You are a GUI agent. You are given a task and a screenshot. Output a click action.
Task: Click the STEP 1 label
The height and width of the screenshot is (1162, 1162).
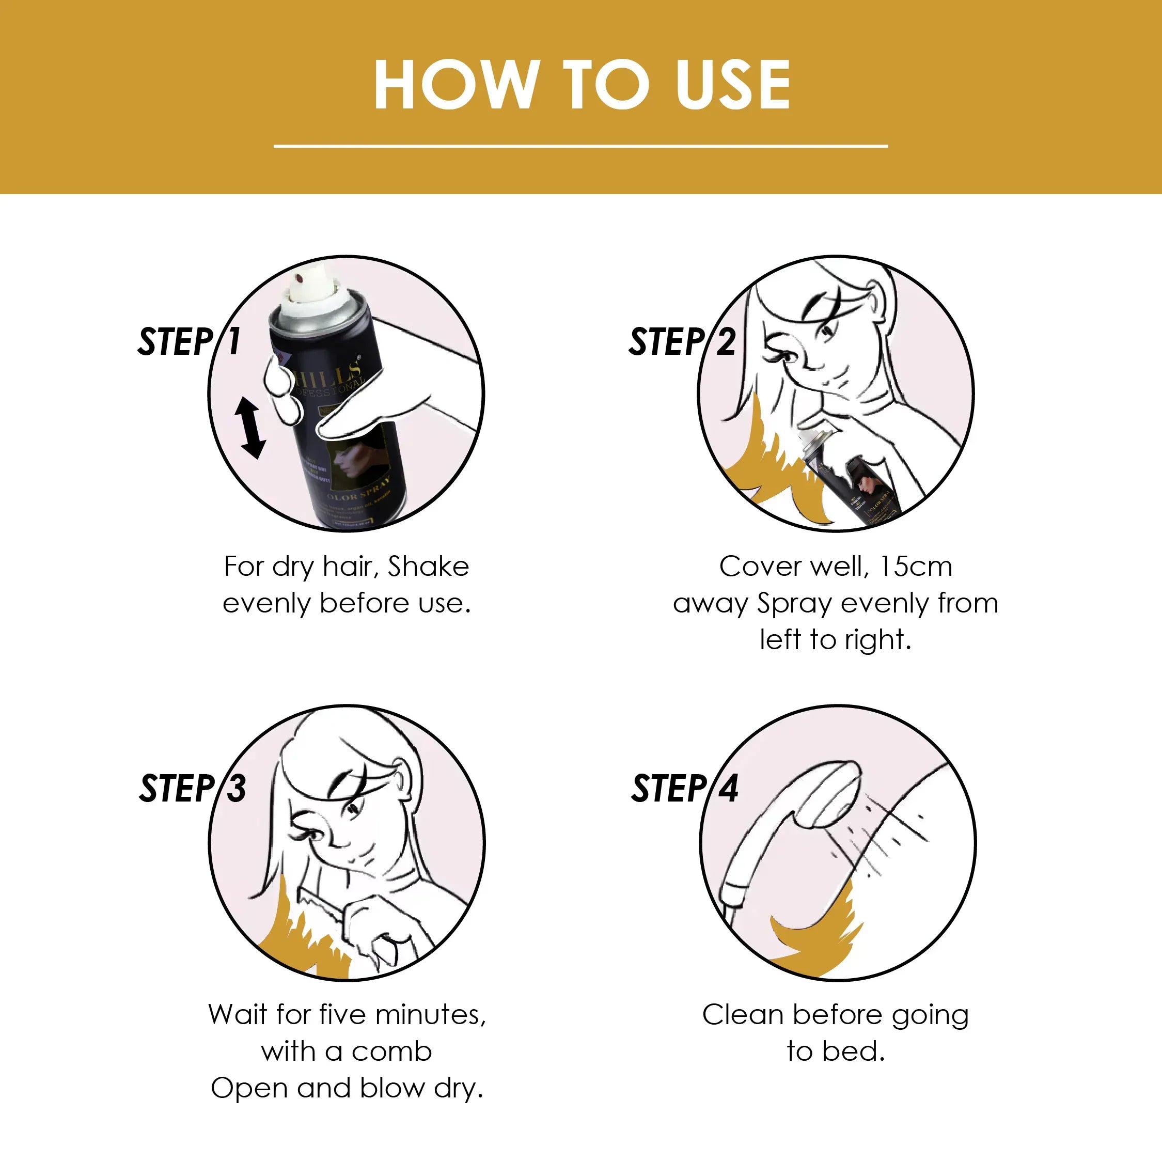[x=189, y=341]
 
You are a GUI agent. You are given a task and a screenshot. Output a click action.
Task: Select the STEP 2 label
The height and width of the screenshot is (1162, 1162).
[x=681, y=341]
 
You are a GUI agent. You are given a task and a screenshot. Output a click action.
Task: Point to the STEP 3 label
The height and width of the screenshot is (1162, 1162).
[x=193, y=788]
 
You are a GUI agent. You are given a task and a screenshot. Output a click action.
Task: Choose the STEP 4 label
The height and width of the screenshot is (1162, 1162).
[x=684, y=788]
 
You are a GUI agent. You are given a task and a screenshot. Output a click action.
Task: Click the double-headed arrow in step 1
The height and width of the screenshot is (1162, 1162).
[x=251, y=427]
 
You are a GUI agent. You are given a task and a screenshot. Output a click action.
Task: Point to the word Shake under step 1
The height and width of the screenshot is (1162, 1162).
[x=428, y=567]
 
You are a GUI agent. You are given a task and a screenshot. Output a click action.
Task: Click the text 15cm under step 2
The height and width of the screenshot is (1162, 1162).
[x=916, y=567]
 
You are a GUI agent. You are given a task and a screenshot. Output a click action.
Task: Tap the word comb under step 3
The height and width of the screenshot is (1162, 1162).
[x=391, y=1052]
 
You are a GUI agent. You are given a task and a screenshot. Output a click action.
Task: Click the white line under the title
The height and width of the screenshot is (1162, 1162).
[x=580, y=146]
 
